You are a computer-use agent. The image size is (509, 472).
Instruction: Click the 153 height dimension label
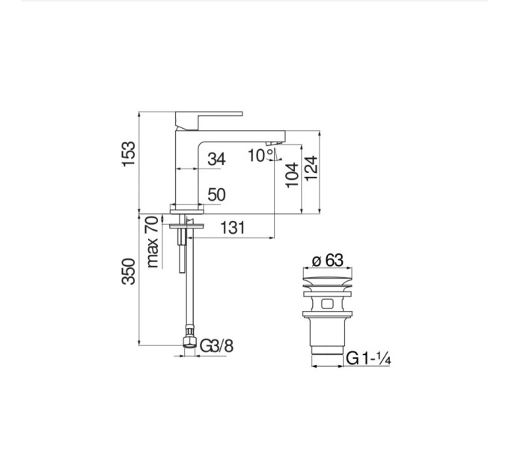click(x=129, y=154)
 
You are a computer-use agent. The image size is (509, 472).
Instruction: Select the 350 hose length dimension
click(x=129, y=271)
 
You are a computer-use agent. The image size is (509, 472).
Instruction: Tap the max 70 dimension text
click(x=153, y=242)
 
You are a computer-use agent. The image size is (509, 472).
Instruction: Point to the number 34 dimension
click(x=216, y=159)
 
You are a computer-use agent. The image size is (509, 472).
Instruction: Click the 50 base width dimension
click(x=216, y=195)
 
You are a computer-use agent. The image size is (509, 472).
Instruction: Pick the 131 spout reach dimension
click(x=233, y=228)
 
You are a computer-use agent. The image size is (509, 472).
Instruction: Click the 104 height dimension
click(x=292, y=175)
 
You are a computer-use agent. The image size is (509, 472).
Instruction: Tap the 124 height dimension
click(x=311, y=168)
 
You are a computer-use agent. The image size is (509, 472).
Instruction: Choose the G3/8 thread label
click(x=216, y=346)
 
